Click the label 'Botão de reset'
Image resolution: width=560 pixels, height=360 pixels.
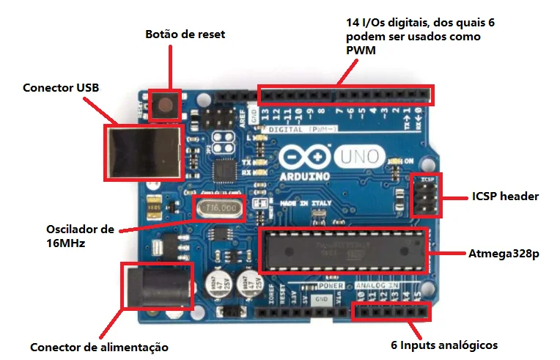click(185, 34)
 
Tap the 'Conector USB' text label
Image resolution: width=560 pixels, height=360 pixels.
click(61, 88)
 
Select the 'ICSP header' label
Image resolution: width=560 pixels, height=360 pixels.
click(505, 196)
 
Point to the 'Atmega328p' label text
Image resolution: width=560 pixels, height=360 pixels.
click(504, 254)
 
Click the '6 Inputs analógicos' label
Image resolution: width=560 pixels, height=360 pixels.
click(444, 345)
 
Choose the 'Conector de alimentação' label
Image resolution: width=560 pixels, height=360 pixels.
click(100, 347)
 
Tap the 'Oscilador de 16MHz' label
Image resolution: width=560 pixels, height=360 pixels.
click(80, 235)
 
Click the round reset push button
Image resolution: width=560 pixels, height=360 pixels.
click(166, 105)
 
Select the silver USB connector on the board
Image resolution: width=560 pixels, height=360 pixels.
click(144, 153)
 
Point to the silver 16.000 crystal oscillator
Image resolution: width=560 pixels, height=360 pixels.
click(219, 208)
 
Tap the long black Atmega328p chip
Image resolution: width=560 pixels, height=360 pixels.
click(342, 251)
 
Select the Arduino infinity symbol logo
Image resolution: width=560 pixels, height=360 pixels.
click(303, 158)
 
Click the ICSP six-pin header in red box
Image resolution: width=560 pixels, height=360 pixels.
click(424, 196)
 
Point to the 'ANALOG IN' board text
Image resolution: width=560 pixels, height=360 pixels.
click(378, 285)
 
